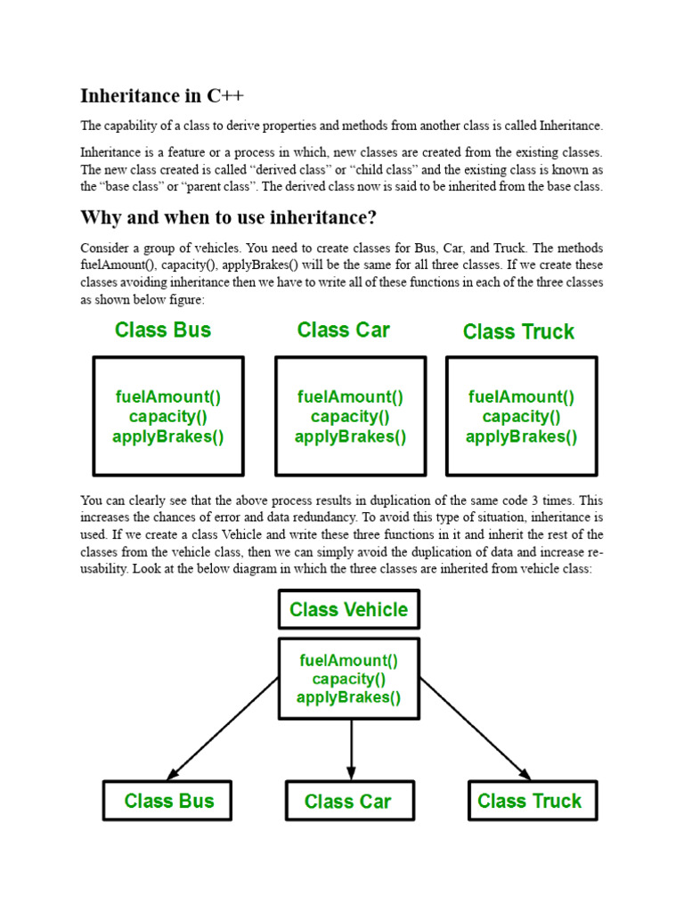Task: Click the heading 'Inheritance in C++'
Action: pos(161,96)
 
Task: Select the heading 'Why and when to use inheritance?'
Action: pos(229,218)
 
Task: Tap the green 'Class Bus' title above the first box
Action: pos(163,330)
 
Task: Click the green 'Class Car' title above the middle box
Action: pos(344,330)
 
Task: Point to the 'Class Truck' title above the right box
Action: pos(518,332)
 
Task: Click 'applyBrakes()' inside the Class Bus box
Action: pos(168,436)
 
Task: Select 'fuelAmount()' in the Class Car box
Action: pos(350,397)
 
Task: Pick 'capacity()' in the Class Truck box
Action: pos(522,417)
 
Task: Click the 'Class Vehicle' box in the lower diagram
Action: pos(349,610)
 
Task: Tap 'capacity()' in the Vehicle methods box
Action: pos(349,679)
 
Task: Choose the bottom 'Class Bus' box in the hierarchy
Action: pos(168,801)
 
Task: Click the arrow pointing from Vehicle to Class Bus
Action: pos(223,728)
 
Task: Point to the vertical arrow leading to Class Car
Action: pos(351,748)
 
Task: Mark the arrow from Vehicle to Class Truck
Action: pos(476,729)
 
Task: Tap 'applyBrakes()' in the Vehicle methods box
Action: pos(349,697)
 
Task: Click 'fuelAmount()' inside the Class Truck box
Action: pos(522,397)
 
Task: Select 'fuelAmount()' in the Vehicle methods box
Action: pos(349,660)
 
